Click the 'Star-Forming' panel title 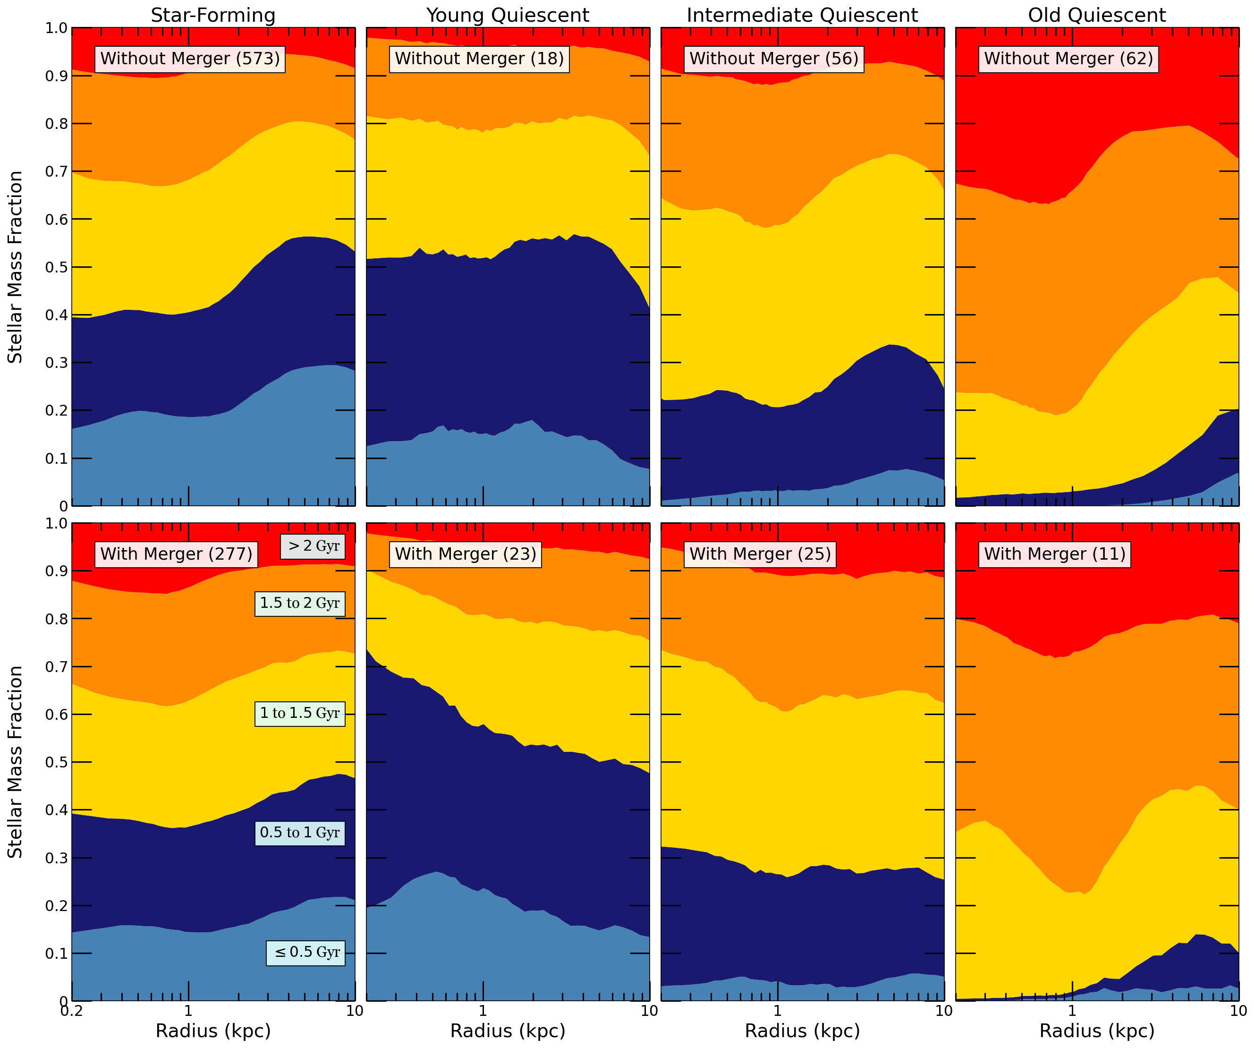point(213,15)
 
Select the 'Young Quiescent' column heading point(508,15)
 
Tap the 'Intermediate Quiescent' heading point(802,15)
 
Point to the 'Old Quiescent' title point(1097,15)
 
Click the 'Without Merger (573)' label point(190,59)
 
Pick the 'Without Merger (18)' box point(479,59)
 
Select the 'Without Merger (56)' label point(774,59)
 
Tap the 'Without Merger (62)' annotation point(1068,59)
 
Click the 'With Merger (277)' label point(176,554)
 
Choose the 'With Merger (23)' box point(466,554)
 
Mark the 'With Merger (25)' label point(760,554)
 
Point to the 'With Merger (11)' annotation point(1055,554)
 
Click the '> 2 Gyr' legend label point(313,546)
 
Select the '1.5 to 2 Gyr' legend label point(300,603)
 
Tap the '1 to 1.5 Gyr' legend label point(300,713)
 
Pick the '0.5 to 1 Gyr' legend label point(300,833)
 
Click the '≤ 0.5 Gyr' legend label point(306,952)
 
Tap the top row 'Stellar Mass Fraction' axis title point(15,267)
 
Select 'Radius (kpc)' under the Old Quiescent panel point(1097,1031)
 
